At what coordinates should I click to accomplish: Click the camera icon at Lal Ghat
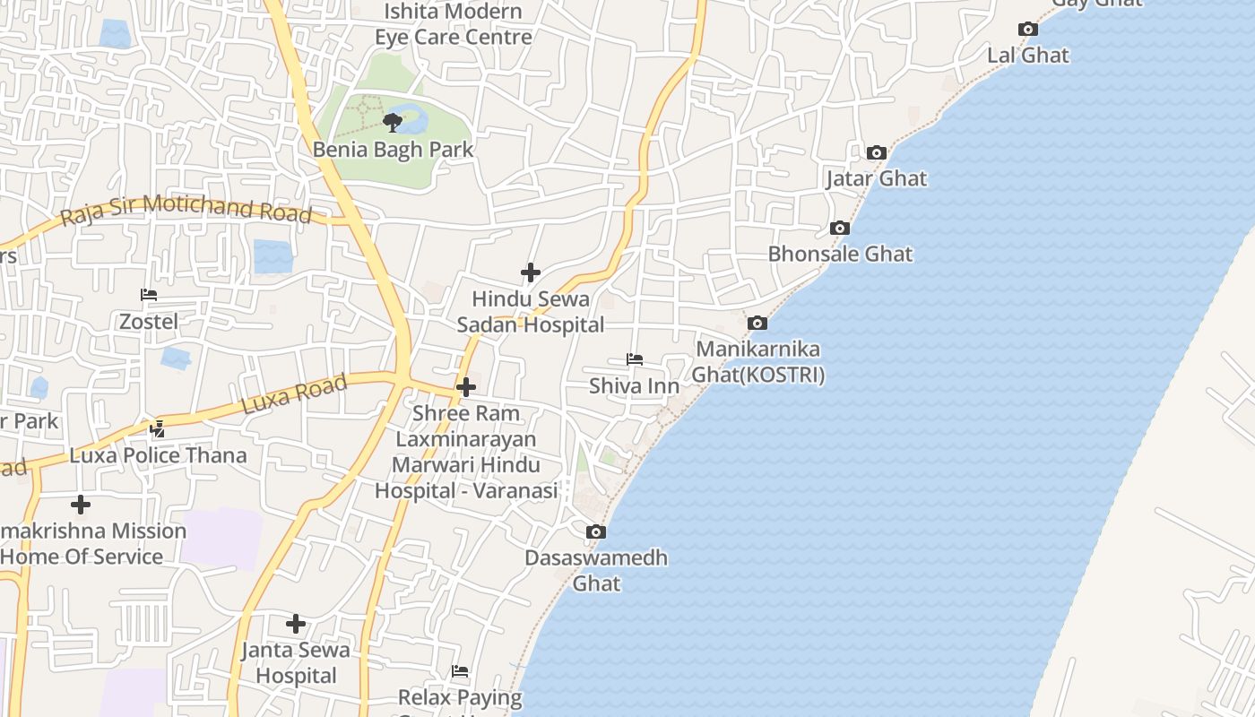click(x=1028, y=30)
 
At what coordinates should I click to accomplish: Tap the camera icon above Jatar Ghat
click(x=877, y=153)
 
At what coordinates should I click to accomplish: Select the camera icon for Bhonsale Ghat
click(x=840, y=229)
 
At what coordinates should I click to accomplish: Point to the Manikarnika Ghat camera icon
click(x=757, y=324)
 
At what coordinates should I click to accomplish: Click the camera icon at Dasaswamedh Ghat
click(x=596, y=532)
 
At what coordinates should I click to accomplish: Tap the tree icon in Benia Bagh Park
click(x=391, y=122)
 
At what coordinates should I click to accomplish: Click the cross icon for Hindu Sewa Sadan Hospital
click(x=531, y=272)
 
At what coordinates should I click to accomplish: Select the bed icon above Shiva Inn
click(x=635, y=359)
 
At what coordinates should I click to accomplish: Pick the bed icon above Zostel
click(x=149, y=295)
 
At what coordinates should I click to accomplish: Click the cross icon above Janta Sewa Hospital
click(x=296, y=624)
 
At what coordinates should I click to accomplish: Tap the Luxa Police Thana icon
click(x=158, y=428)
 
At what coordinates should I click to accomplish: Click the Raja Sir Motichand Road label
click(x=186, y=210)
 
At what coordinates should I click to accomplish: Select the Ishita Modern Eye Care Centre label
click(x=454, y=24)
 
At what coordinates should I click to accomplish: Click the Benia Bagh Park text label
click(x=393, y=149)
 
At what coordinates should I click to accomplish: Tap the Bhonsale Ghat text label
click(x=840, y=254)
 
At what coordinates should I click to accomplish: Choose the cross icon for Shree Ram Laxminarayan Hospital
click(x=466, y=387)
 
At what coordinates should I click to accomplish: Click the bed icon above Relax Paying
click(x=460, y=671)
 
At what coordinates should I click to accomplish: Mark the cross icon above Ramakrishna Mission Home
click(x=81, y=505)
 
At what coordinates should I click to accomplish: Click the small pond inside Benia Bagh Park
click(x=411, y=117)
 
